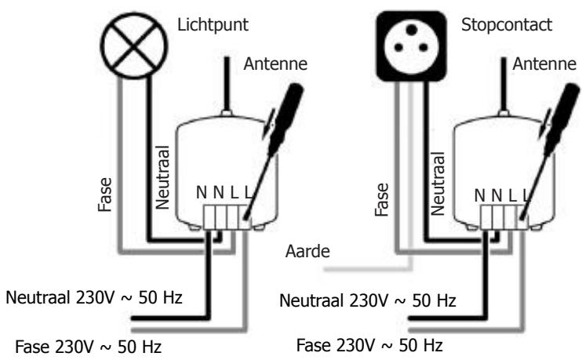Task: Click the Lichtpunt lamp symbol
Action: click(x=150, y=36)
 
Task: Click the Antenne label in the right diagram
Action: click(x=544, y=64)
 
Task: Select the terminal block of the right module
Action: click(x=502, y=216)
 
